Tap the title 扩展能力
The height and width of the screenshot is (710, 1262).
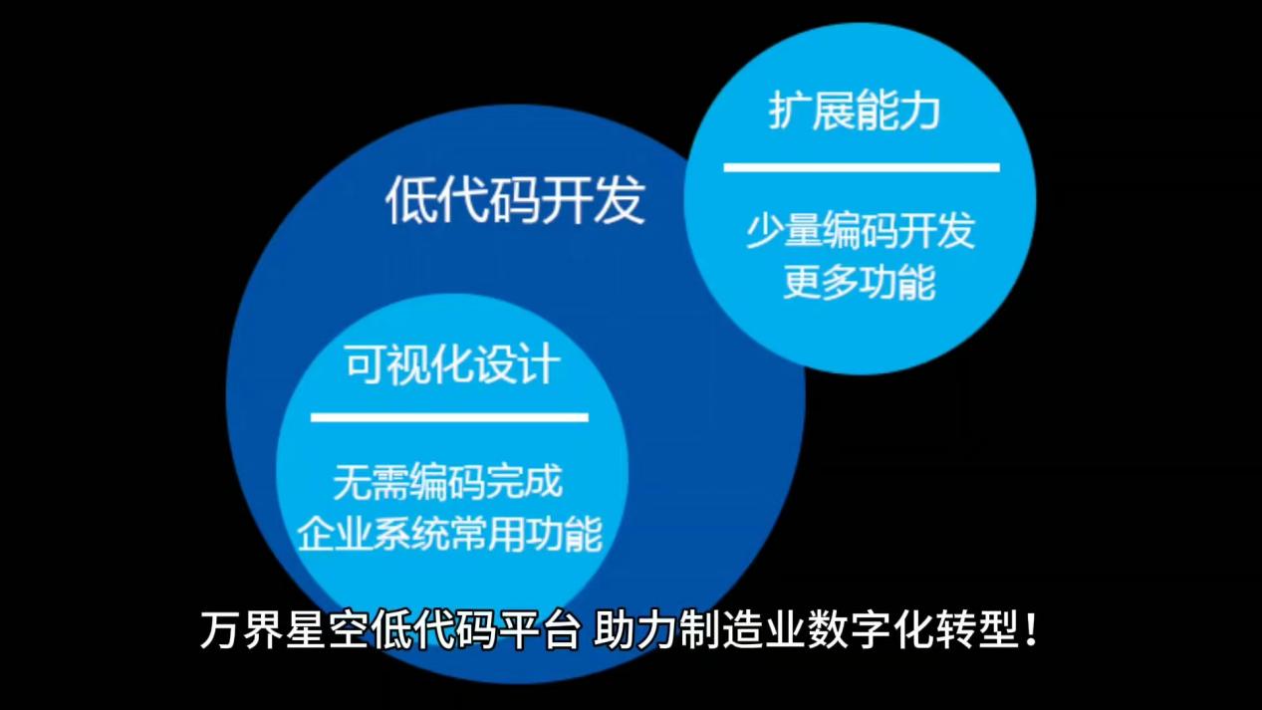tap(855, 112)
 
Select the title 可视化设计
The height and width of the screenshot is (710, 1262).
tap(451, 365)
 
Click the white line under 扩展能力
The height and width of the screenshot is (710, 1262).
tap(861, 167)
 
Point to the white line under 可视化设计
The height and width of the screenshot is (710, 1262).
tap(449, 417)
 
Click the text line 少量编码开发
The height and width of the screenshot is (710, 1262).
tap(861, 232)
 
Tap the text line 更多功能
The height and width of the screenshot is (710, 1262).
tap(860, 283)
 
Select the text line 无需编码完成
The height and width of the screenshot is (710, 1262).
tap(448, 482)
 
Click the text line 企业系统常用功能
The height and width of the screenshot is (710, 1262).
tap(450, 533)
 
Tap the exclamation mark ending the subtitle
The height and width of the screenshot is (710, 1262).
tap(1031, 631)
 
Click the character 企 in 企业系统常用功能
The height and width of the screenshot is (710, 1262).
tap(317, 533)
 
